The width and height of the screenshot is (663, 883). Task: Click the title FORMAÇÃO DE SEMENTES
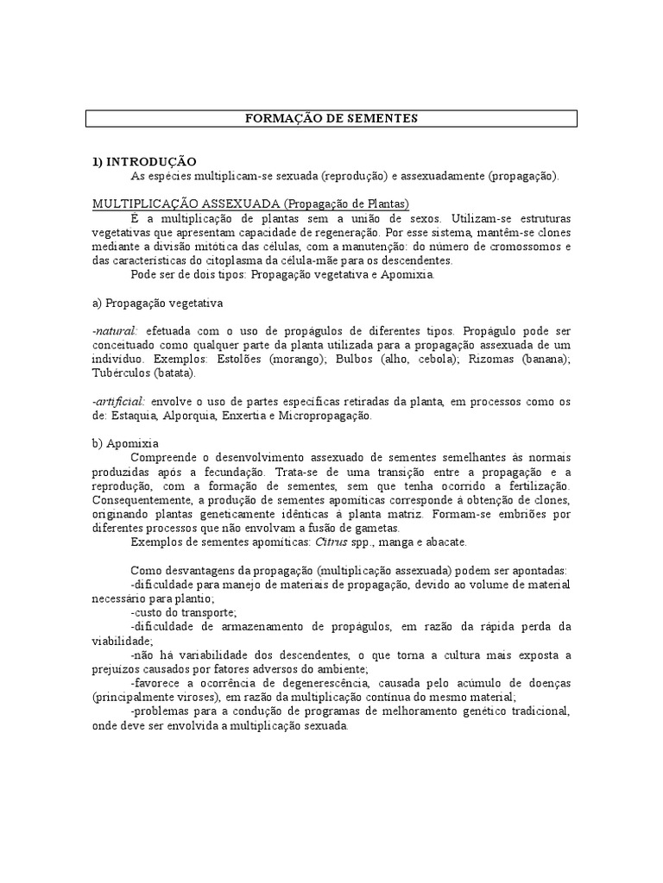331,118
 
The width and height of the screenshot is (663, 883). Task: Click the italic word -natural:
117,330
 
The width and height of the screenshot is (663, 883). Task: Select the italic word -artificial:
121,401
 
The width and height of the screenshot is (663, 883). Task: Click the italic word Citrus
312,542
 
